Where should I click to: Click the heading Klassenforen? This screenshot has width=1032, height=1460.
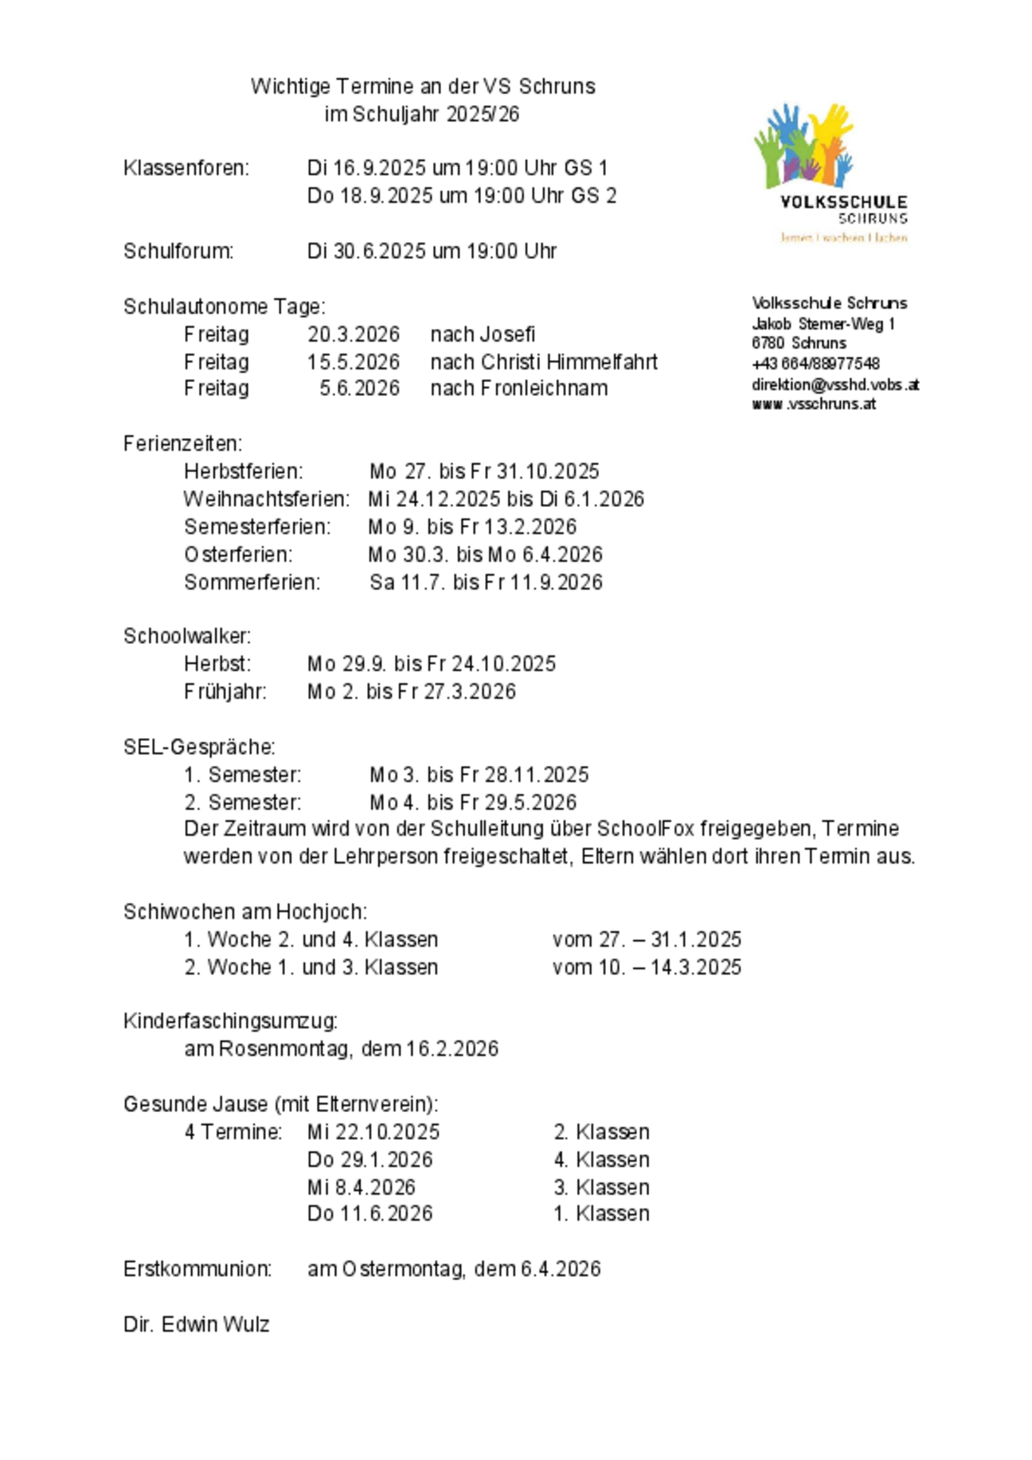click(x=186, y=168)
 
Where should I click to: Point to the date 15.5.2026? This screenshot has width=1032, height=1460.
click(x=353, y=362)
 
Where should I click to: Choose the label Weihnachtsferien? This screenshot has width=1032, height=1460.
click(x=266, y=499)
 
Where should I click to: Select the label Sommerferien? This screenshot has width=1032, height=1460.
click(x=252, y=583)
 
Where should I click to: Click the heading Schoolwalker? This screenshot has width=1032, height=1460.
click(x=186, y=636)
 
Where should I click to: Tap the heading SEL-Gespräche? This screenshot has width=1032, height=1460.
click(x=199, y=747)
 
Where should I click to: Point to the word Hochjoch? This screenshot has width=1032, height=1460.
click(x=321, y=912)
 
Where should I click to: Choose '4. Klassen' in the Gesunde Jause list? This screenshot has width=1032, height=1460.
click(x=601, y=1159)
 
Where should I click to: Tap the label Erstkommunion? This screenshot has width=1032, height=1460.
click(x=197, y=1269)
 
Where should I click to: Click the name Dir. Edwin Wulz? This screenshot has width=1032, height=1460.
click(x=196, y=1324)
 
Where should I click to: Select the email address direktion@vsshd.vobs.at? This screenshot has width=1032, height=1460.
click(x=835, y=385)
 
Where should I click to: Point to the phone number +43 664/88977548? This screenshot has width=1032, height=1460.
click(x=815, y=364)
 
